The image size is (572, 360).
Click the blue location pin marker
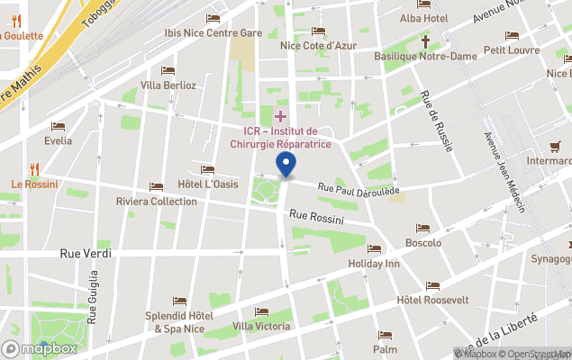click(x=286, y=166)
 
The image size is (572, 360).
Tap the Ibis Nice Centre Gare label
click(x=213, y=33)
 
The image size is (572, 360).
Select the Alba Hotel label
click(x=423, y=18)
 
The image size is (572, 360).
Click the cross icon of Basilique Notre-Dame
click(x=425, y=40)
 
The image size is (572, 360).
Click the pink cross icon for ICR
click(x=280, y=116)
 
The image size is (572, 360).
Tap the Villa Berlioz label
click(x=168, y=85)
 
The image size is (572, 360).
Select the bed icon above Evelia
click(x=59, y=127)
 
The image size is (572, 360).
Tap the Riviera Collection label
click(x=157, y=202)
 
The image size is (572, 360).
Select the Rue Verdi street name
click(x=86, y=254)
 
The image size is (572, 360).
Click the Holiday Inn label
click(x=374, y=265)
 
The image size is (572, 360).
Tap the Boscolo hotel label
click(x=423, y=243)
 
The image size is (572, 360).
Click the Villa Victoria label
click(x=261, y=326)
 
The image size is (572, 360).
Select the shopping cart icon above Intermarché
click(x=556, y=147)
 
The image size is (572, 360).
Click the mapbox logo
click(x=41, y=348)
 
